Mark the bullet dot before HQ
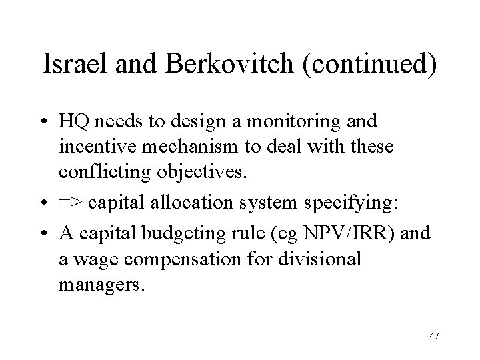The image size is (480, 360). click(x=45, y=123)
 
